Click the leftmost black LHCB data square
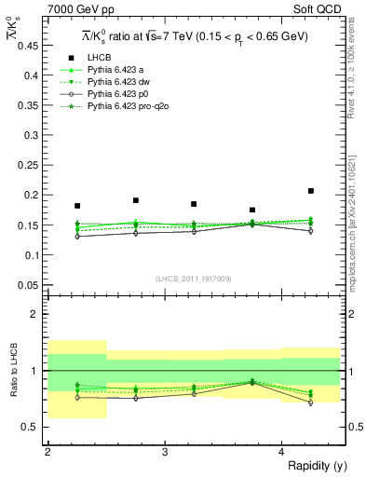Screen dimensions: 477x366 tap(77, 206)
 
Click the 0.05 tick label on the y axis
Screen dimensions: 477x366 tap(30, 284)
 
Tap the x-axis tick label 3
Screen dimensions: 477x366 tap(165, 452)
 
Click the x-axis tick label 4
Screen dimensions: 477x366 tap(282, 452)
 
